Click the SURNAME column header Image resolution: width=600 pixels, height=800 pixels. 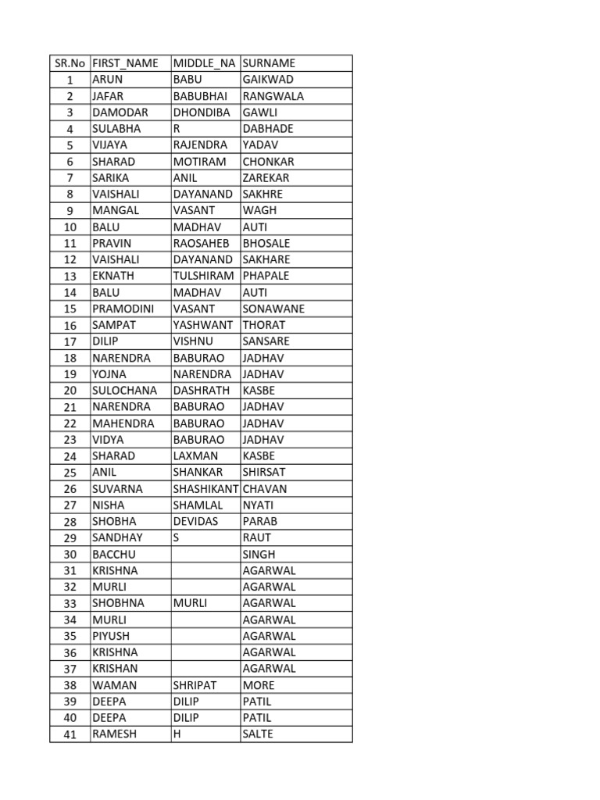click(x=269, y=63)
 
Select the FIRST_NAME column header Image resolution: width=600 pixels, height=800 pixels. click(x=125, y=63)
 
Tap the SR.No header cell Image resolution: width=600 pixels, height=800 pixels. click(x=70, y=63)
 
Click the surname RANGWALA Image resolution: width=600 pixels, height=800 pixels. click(x=273, y=96)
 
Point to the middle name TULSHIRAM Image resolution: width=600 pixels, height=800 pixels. click(x=203, y=276)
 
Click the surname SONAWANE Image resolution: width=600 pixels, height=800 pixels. click(x=273, y=309)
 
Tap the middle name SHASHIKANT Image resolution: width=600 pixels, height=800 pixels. click(x=206, y=489)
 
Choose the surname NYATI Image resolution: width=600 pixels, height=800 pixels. click(x=258, y=505)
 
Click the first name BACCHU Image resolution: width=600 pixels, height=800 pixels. click(x=115, y=555)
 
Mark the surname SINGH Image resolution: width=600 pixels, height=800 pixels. click(x=259, y=555)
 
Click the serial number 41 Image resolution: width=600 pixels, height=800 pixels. click(x=70, y=734)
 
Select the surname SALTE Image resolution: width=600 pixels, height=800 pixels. click(x=258, y=734)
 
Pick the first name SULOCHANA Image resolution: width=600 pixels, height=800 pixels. click(x=124, y=391)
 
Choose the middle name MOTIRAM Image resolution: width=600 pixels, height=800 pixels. click(x=199, y=162)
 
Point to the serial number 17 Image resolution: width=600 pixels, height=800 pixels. click(x=70, y=341)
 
